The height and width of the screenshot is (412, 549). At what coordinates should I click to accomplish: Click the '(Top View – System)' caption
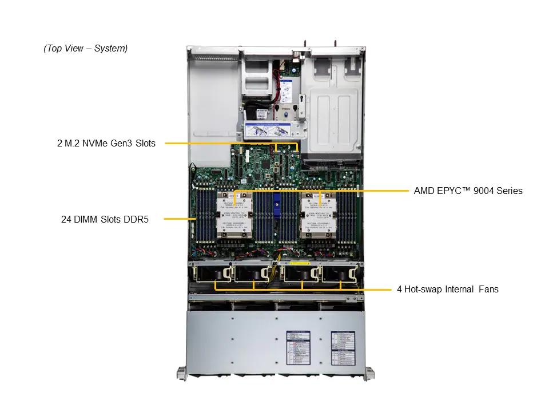click(x=85, y=49)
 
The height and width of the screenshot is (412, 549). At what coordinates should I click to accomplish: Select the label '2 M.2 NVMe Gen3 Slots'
click(x=106, y=144)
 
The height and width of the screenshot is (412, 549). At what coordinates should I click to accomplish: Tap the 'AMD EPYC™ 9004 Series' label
click(x=468, y=191)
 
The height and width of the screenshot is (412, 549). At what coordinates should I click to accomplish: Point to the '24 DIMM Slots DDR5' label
click(x=105, y=219)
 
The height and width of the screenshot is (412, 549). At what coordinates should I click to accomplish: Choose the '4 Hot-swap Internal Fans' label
click(x=447, y=290)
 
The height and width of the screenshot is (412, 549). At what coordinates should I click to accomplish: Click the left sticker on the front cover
click(x=297, y=347)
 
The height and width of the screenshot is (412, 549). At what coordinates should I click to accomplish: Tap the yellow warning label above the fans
click(x=300, y=264)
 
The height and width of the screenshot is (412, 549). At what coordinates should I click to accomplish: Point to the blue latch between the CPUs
click(x=277, y=204)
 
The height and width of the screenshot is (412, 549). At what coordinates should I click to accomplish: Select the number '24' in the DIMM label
click(x=66, y=219)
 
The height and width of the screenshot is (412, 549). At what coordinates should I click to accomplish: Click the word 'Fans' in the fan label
click(x=488, y=290)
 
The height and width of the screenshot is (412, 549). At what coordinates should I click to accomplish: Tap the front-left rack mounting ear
click(x=180, y=373)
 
